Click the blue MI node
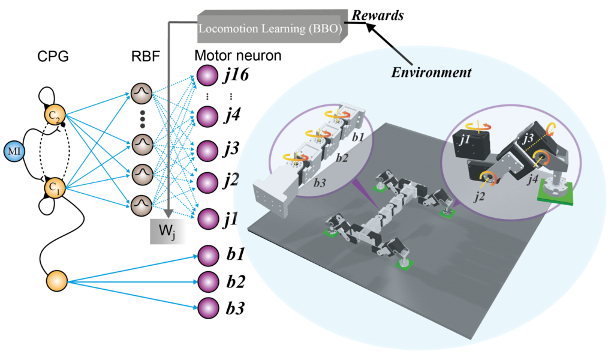click(x=14, y=151)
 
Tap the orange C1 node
click(x=54, y=189)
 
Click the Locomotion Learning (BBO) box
click(x=272, y=28)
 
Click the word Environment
click(x=431, y=73)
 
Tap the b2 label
click(x=342, y=158)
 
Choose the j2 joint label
click(x=479, y=196)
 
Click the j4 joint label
click(x=530, y=179)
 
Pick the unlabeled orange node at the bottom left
click(x=57, y=281)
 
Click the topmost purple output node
click(x=207, y=76)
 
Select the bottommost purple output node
click(x=207, y=308)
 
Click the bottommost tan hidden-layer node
click(x=142, y=205)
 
